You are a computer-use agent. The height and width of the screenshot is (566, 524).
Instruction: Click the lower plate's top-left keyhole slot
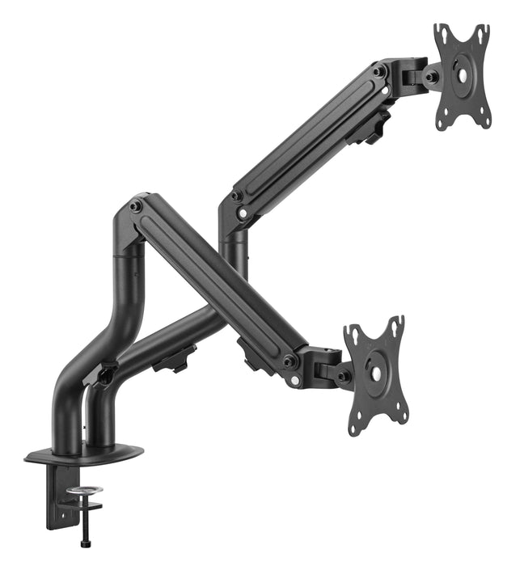(x=353, y=334)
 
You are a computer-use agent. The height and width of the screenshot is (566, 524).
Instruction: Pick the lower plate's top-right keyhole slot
(x=396, y=323)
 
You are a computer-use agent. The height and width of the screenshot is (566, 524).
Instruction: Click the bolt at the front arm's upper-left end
(x=136, y=207)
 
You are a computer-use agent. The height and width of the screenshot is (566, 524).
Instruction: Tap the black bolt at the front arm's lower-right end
(x=289, y=361)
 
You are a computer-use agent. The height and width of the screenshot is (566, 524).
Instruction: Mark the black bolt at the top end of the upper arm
(x=378, y=72)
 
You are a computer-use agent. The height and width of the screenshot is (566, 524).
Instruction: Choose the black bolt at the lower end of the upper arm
(x=236, y=196)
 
